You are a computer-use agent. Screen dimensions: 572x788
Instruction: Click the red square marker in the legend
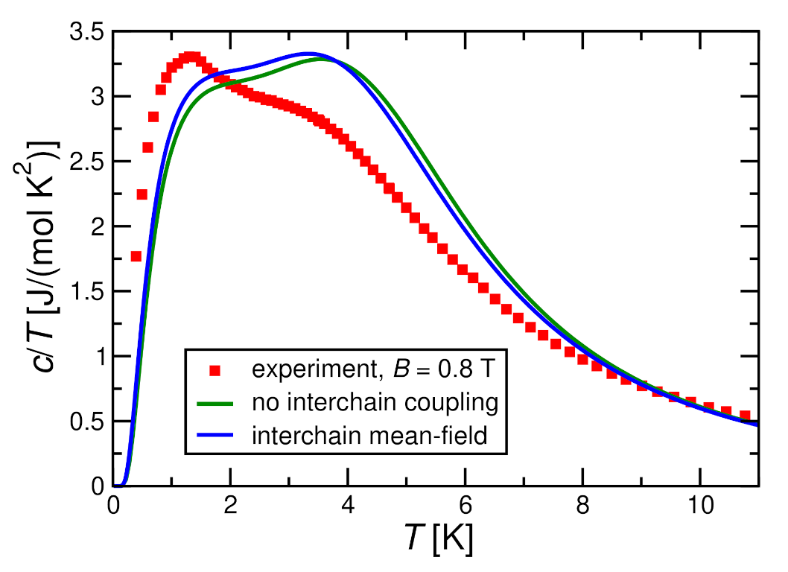(x=217, y=370)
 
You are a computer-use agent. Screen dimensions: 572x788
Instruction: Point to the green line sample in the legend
(x=217, y=403)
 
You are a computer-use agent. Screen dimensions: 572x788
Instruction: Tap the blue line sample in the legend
(x=217, y=436)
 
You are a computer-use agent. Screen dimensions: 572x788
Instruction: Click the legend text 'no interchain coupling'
(x=374, y=403)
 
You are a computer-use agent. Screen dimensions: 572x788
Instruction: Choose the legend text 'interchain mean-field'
(x=369, y=436)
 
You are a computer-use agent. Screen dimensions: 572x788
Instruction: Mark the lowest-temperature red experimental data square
(x=136, y=256)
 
